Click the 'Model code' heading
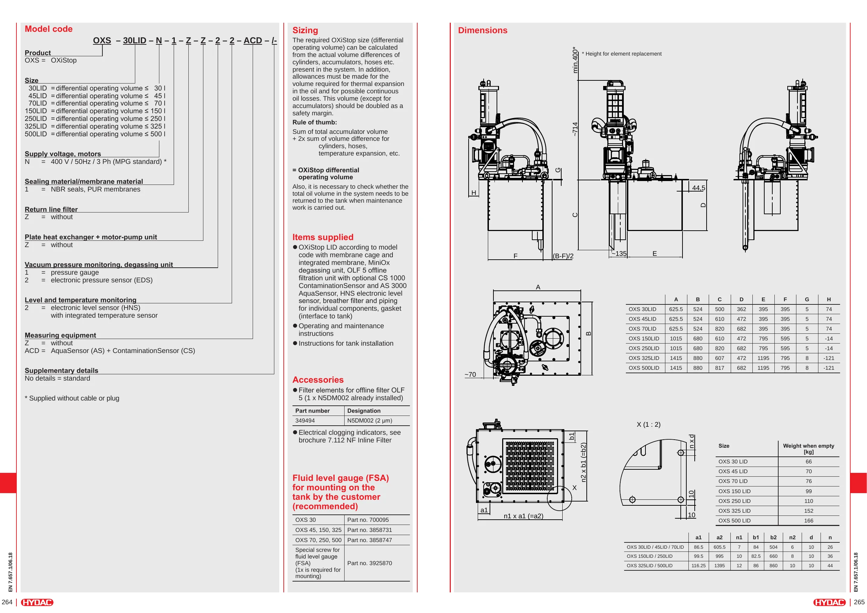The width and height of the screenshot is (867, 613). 48,29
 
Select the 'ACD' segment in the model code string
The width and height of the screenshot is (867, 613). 253,41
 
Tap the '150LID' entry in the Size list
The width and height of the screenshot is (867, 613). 36,111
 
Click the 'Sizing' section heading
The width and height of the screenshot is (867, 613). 305,30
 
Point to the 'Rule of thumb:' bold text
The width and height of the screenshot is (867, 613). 315,122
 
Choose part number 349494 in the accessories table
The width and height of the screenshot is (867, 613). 305,420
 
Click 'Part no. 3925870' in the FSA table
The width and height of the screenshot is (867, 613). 369,563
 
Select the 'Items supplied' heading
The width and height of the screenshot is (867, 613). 323,237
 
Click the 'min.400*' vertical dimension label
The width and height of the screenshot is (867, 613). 575,60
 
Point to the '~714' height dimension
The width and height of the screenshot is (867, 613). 575,129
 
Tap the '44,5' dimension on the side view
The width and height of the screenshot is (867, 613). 699,188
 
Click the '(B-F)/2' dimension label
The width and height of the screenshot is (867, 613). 563,256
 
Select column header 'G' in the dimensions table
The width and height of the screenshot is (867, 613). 807,300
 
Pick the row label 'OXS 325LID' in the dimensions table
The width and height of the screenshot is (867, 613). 644,358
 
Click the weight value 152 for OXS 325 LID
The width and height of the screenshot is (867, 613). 809,511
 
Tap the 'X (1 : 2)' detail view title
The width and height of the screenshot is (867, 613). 648,425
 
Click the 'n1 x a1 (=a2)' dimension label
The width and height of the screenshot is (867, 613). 523,516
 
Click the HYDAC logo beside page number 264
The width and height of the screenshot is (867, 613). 37,602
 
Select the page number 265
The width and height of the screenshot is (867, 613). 859,602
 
